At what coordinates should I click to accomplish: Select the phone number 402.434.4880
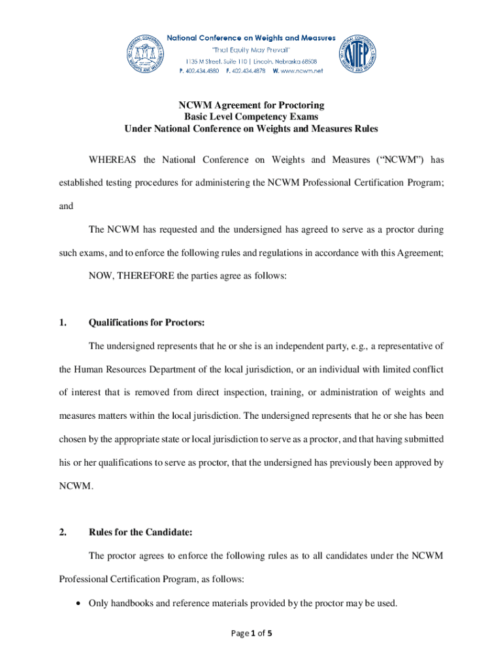[200, 71]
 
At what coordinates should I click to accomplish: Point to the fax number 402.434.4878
[248, 71]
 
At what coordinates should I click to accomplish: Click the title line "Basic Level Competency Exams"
[252, 117]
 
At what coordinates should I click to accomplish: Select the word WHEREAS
[114, 160]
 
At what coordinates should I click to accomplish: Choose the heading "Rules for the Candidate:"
[140, 532]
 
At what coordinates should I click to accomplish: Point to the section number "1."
[63, 323]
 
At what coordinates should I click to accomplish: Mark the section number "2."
[63, 532]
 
